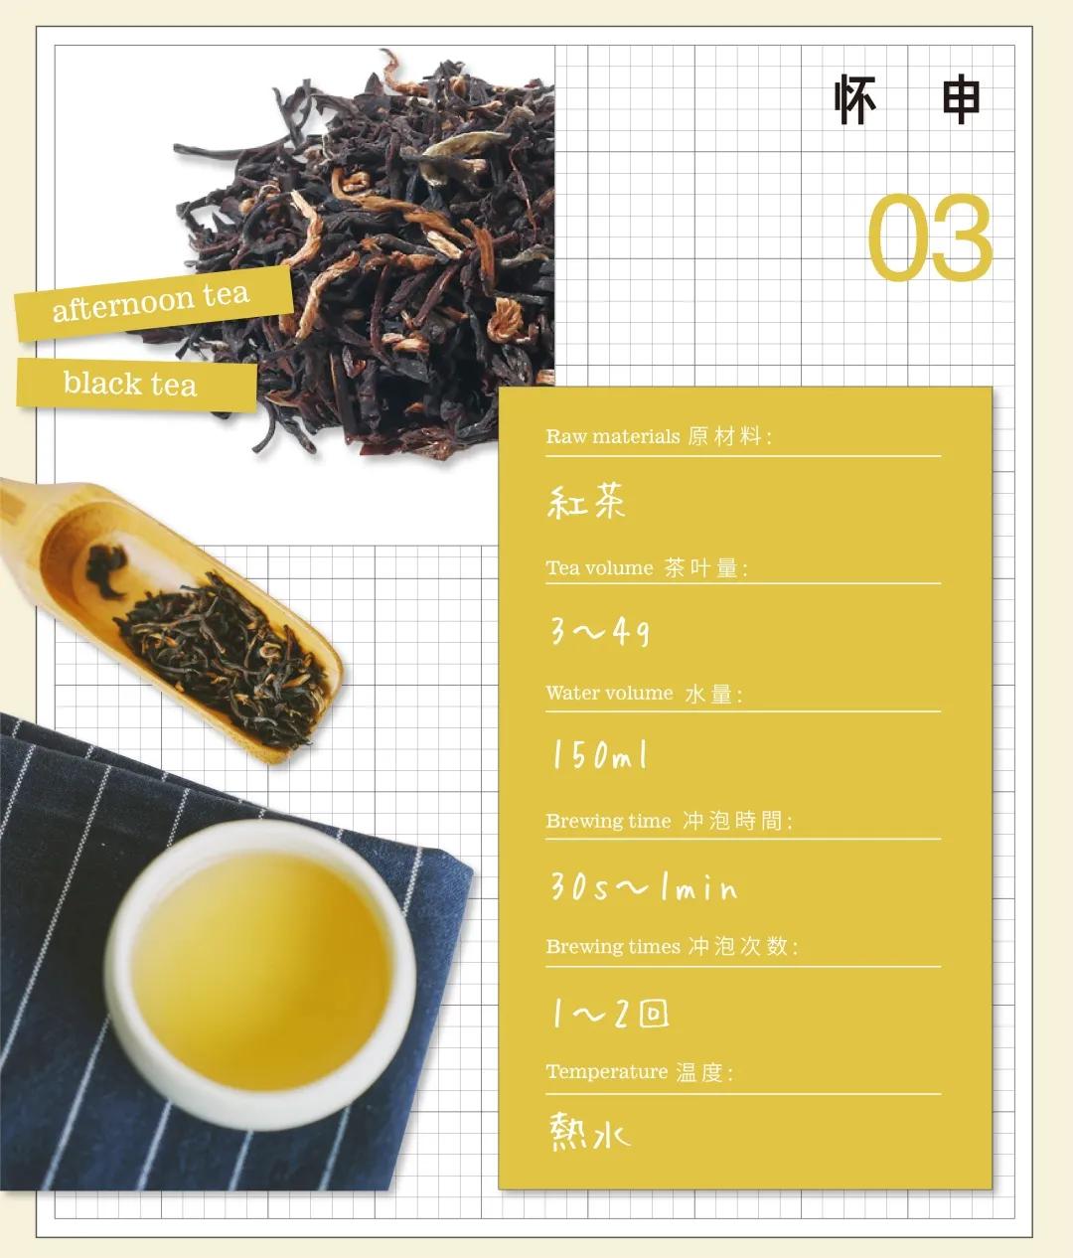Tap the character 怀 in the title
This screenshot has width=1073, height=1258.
point(855,99)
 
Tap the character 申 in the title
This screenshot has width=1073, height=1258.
point(960,99)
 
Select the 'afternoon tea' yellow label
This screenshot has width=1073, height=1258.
point(152,301)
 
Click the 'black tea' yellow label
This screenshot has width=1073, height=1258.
point(131,384)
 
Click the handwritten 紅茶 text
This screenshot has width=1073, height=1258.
point(586,502)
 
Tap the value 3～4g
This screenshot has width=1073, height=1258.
point(600,630)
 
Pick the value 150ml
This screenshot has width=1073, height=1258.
point(600,756)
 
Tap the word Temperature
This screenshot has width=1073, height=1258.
point(606,1072)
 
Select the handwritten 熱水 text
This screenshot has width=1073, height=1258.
point(589,1133)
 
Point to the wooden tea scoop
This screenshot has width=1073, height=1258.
point(189,616)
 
